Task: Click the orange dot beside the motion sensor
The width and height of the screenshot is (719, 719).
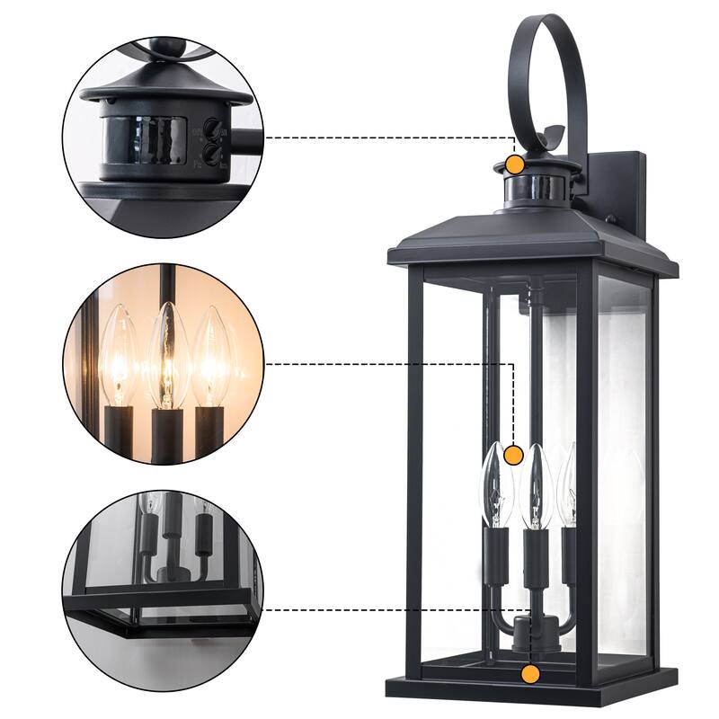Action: pos(514,164)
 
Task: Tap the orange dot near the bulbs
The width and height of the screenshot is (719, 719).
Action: pos(513,455)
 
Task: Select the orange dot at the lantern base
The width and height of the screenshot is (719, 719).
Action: pos(530,672)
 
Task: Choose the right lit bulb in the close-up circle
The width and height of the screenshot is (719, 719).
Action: pos(210,355)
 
